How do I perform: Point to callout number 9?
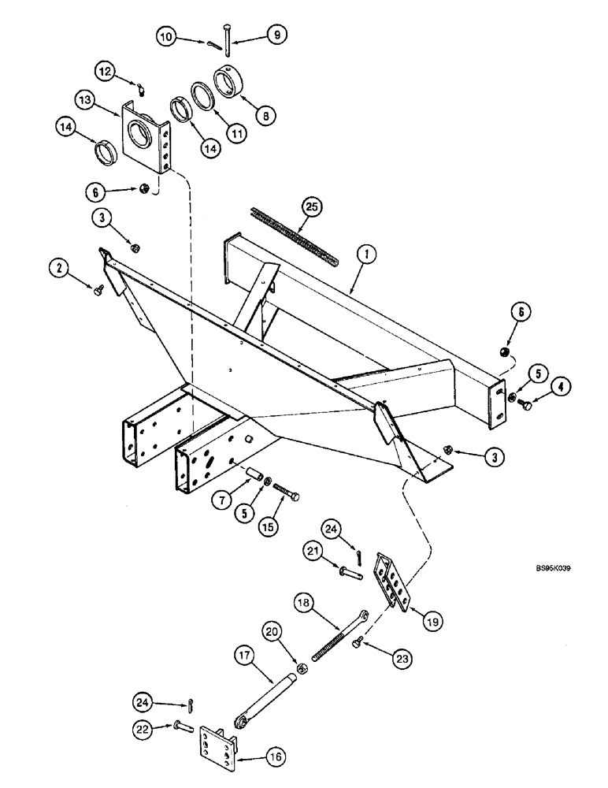coord(276,35)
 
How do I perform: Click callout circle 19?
coord(432,621)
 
